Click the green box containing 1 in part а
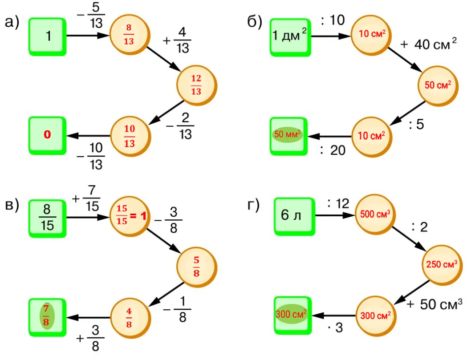48,36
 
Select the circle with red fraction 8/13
129,34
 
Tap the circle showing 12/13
196,85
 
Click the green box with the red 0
48,135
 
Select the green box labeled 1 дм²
289,36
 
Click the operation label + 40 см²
428,45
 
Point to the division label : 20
333,151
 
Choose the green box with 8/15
48,218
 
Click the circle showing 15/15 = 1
129,216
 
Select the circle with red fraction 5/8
196,267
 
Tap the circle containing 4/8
129,317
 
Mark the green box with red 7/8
47,317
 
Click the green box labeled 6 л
292,217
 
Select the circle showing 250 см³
441,264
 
